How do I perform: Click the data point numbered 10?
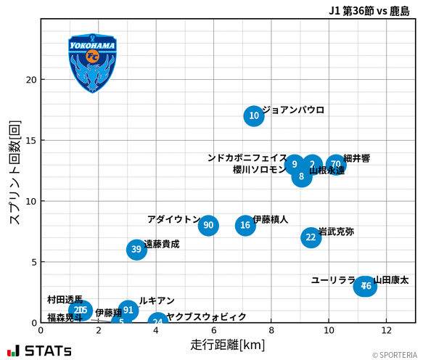point(253,115)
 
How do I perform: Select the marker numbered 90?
point(208,225)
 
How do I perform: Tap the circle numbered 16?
point(245,225)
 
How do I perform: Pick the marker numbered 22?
point(311,237)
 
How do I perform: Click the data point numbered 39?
point(136,250)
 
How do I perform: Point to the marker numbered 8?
point(302,176)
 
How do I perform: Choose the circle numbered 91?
point(128,310)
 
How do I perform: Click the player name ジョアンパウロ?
point(293,110)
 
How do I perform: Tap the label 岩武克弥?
point(337,232)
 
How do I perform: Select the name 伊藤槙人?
point(271,219)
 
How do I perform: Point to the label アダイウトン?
point(174,219)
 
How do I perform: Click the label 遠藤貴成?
point(162,245)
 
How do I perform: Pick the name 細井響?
point(356,158)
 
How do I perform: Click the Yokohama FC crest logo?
point(92,62)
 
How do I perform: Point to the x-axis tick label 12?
point(387,331)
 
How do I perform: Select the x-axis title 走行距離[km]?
point(228,344)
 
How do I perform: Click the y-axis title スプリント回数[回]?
point(13,172)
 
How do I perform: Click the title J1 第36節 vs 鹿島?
point(369,11)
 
